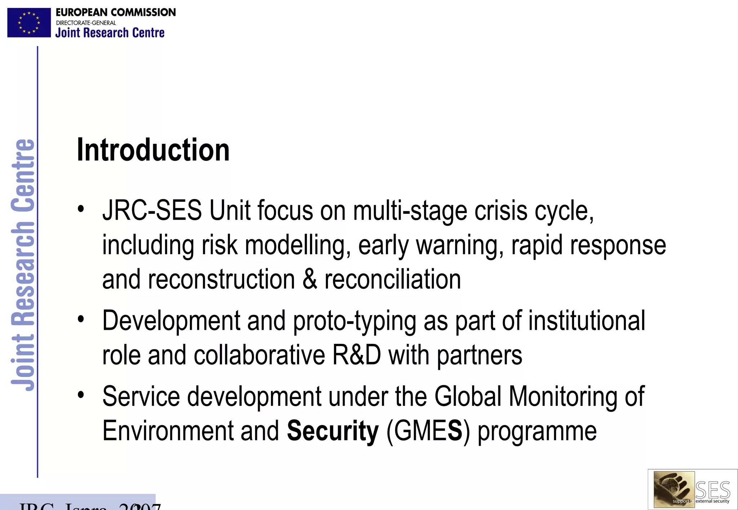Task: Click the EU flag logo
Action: [x=29, y=23]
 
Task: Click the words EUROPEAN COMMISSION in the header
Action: [x=116, y=12]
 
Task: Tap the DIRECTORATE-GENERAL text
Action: [x=86, y=23]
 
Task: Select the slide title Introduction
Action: [x=153, y=150]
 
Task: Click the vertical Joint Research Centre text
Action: [x=22, y=265]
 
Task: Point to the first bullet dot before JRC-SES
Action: [x=81, y=209]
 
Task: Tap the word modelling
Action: [x=298, y=245]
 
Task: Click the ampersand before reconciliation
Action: [x=310, y=279]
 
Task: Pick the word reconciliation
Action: [x=393, y=279]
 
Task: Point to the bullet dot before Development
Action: [x=81, y=319]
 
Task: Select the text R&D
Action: [x=356, y=355]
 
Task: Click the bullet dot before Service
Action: [x=81, y=395]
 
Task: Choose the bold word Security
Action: [x=333, y=431]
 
